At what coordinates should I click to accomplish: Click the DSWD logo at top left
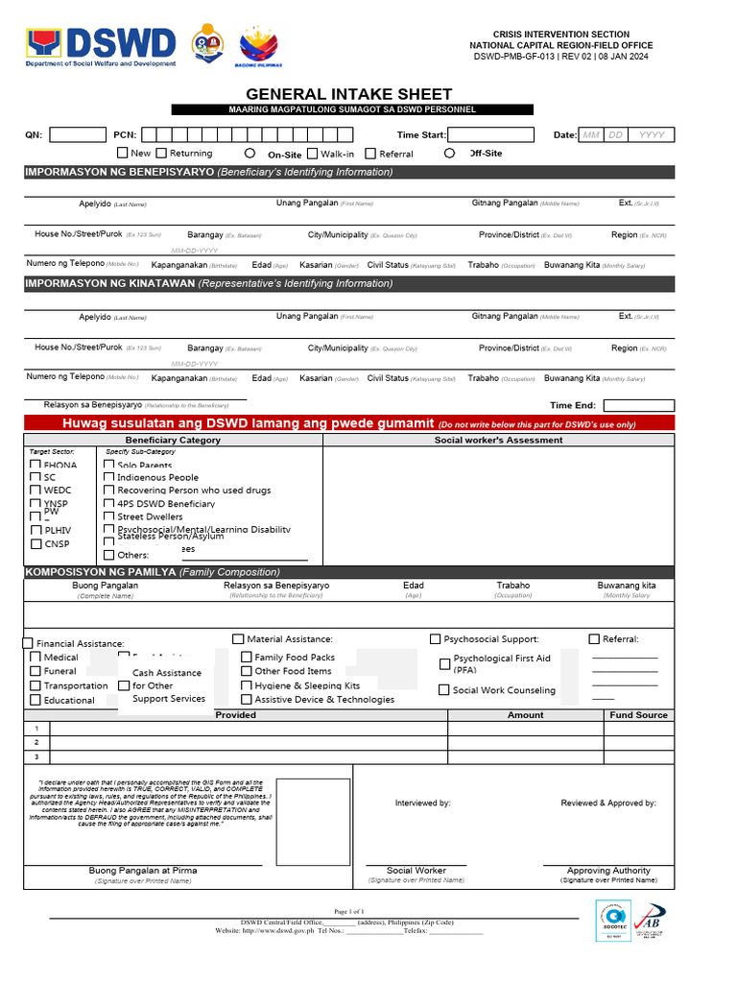click(x=102, y=46)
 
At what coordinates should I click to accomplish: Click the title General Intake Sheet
click(x=348, y=94)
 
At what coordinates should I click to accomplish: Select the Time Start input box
click(x=488, y=134)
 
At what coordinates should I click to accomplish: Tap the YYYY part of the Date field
click(x=652, y=135)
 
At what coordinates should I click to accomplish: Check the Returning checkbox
click(x=161, y=153)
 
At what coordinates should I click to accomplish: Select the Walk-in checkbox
click(x=313, y=153)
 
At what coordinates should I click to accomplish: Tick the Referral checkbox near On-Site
click(x=371, y=153)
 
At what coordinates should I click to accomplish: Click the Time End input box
click(x=638, y=405)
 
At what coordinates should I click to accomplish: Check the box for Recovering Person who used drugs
click(x=109, y=490)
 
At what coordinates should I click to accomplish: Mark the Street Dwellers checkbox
click(x=109, y=516)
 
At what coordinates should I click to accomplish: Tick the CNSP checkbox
click(x=36, y=544)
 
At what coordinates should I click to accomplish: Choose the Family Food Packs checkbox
click(x=247, y=658)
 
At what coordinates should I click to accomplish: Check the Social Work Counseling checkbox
click(x=444, y=689)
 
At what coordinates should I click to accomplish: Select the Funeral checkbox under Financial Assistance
click(x=36, y=671)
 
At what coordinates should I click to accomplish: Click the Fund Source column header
click(x=638, y=715)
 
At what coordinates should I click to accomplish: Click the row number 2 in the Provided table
click(x=36, y=742)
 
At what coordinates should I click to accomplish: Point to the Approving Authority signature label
click(x=608, y=871)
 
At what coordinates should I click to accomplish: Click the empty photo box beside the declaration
click(x=313, y=822)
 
